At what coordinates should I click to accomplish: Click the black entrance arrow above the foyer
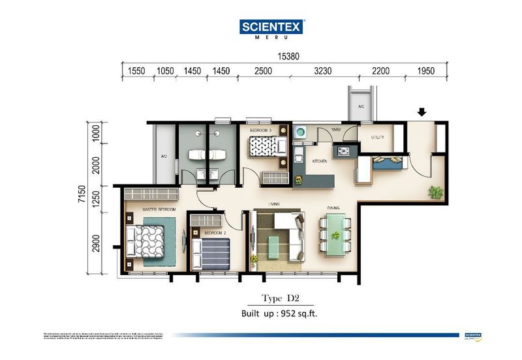click(422, 112)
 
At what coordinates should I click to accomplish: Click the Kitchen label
click(320, 161)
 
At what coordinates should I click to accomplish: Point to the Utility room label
click(378, 138)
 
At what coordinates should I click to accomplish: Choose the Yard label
click(337, 130)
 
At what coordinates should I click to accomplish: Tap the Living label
click(275, 203)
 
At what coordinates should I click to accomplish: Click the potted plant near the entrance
click(435, 192)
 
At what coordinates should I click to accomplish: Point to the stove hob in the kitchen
click(343, 152)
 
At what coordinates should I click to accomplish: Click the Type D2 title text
click(280, 299)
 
